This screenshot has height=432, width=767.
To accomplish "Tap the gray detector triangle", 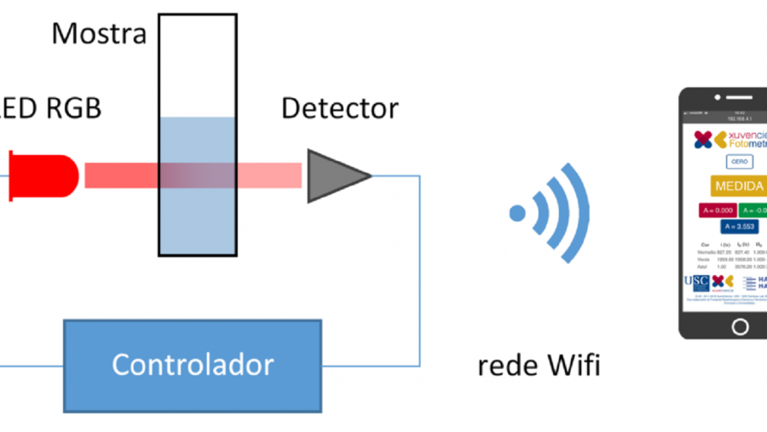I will coord(335,176).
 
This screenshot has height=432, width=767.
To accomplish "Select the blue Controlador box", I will coord(193,364).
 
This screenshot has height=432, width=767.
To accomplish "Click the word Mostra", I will coord(99,34).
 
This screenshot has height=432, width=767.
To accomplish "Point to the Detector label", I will coord(339,108).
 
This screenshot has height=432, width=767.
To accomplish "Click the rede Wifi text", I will coord(539,366).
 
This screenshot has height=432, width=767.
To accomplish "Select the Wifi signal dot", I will coord(516,212).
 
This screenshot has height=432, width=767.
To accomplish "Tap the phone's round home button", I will coord(740,326).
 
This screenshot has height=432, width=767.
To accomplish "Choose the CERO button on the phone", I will coord(739,162).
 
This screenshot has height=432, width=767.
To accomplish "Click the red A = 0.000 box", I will coord(716,210).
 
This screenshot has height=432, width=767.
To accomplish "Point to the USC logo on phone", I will coord(695,282).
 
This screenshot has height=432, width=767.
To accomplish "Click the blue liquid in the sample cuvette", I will coord(197,213).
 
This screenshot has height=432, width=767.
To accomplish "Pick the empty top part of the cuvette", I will coord(197,64).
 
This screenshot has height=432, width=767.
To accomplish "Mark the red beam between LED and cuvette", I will coord(119,176).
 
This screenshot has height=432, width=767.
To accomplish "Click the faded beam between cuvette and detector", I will coord(269,176).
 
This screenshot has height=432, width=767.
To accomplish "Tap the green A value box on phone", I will coord(753,210).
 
